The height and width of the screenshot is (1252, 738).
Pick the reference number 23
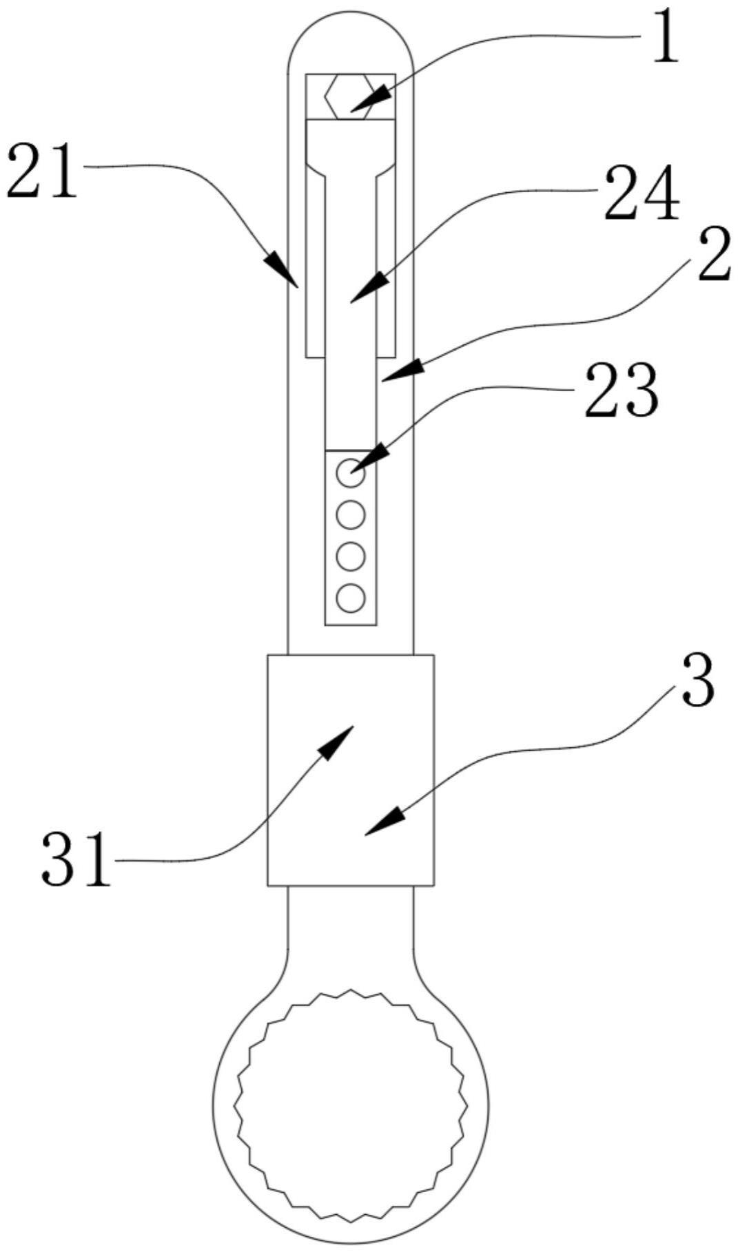621,390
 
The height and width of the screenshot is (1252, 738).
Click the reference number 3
697,682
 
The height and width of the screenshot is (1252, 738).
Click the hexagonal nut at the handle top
350,96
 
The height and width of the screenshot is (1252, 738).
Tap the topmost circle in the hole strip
350,473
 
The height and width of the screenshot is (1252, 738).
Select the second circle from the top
350,514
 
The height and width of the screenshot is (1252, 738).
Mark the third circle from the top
350,556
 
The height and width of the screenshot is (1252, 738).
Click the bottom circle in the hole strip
350,598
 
